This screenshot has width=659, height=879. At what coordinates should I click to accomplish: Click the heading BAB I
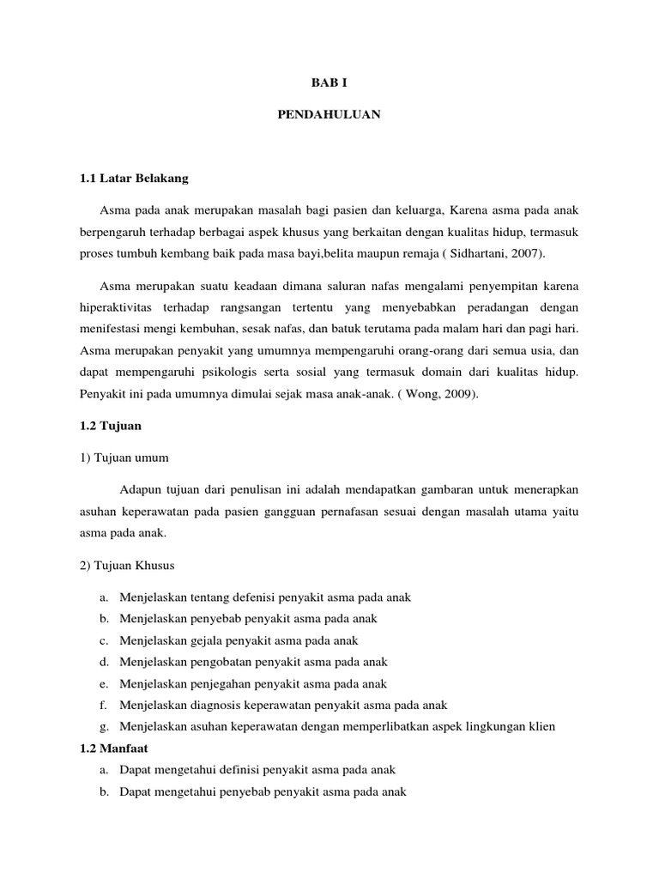[329, 83]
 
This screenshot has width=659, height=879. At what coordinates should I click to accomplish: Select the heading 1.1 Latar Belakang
[132, 179]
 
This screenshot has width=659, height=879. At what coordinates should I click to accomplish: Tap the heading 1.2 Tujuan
[110, 425]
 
